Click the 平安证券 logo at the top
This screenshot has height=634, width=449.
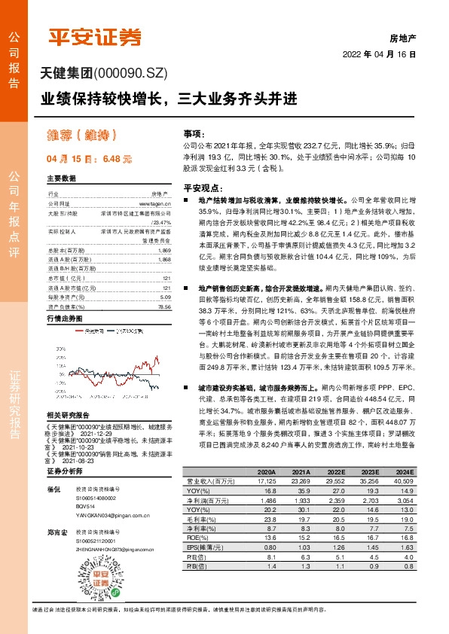[94, 37]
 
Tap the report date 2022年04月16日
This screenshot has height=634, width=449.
[379, 55]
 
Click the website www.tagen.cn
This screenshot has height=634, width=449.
[155, 203]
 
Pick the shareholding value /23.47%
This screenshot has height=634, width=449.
[161, 223]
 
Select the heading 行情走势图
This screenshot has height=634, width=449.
[63, 298]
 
